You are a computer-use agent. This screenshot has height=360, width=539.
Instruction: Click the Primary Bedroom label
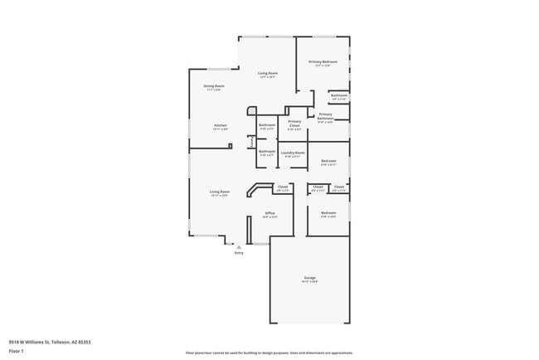click(x=323, y=62)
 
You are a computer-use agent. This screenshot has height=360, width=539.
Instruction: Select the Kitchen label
click(x=220, y=126)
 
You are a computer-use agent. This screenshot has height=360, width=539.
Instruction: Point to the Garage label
click(x=309, y=278)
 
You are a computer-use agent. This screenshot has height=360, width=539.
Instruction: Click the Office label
click(x=269, y=213)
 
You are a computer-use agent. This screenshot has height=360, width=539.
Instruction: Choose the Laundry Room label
click(x=293, y=153)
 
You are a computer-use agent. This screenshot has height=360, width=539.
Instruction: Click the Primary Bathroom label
click(x=325, y=116)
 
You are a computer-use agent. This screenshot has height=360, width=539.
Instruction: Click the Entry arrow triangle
click(x=239, y=246)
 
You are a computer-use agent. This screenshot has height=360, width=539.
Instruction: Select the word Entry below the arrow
click(x=239, y=253)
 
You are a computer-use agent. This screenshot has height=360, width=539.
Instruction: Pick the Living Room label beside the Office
click(x=219, y=192)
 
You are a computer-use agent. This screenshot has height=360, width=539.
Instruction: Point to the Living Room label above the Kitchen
click(x=267, y=74)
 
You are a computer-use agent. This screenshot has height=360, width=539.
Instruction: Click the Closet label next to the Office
click(x=282, y=187)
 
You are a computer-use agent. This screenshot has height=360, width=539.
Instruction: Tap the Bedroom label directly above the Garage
click(x=328, y=213)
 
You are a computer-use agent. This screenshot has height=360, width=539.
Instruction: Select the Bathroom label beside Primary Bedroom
click(x=338, y=95)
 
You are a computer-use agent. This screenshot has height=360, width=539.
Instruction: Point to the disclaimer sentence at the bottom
click(x=269, y=352)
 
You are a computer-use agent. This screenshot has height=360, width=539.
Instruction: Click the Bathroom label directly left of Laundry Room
click(x=267, y=152)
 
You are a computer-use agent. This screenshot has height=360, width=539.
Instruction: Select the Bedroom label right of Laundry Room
click(x=328, y=161)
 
